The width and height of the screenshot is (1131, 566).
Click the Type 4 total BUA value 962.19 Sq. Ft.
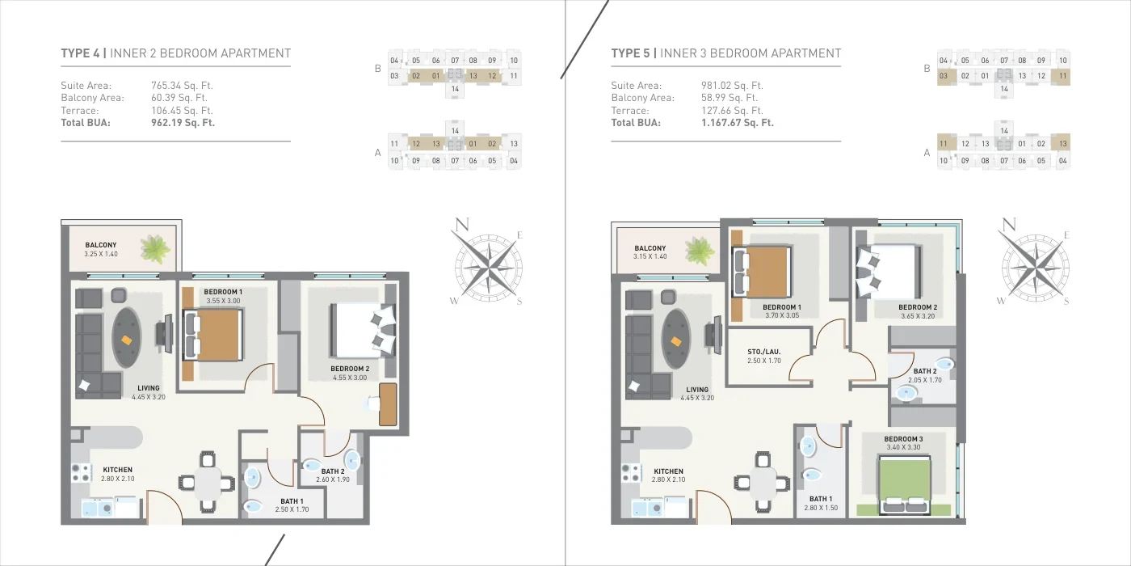(183, 123)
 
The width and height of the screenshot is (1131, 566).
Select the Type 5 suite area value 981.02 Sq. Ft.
(732, 86)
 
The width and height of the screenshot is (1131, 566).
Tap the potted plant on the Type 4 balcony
(156, 249)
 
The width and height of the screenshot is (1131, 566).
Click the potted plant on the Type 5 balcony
(700, 251)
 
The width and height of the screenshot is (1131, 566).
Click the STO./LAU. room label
(764, 352)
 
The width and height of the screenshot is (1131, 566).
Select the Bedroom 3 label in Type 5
(903, 439)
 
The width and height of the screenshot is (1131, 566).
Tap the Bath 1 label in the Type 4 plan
(292, 501)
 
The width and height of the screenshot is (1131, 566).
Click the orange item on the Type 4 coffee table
(127, 340)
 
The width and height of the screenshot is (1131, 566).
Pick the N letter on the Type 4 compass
(462, 225)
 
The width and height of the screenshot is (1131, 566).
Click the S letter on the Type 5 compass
(1066, 301)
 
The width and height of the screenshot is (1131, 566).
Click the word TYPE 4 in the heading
(80, 53)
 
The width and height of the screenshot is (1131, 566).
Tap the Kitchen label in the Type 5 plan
(668, 471)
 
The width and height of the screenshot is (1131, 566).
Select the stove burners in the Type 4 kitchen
(81, 473)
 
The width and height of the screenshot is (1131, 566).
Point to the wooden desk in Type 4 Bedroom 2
(388, 404)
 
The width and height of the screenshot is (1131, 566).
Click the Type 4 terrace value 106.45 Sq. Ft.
(182, 111)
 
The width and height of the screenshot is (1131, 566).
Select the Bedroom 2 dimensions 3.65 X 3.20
(918, 316)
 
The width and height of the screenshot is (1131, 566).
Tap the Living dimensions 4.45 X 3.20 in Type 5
(696, 398)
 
